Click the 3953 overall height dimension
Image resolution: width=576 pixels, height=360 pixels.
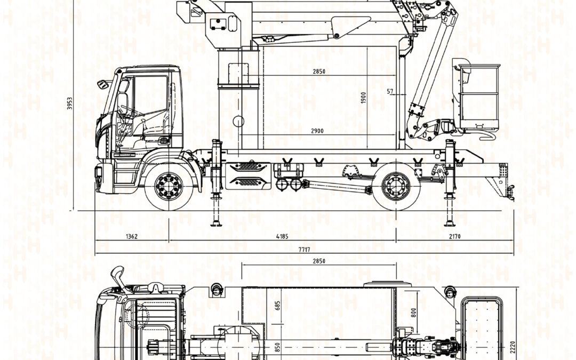pyautogui.click(x=69, y=103)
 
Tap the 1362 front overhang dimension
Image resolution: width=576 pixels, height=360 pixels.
pyautogui.click(x=132, y=236)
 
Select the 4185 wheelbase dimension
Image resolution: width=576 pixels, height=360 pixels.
pyautogui.click(x=282, y=236)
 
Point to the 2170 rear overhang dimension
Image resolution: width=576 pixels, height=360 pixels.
pyautogui.click(x=454, y=236)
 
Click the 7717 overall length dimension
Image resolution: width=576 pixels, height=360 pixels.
pyautogui.click(x=304, y=250)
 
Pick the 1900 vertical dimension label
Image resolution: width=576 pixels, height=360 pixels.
pyautogui.click(x=363, y=98)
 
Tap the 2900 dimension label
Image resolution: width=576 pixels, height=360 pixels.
pyautogui.click(x=317, y=131)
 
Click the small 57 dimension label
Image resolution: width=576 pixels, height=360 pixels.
pyautogui.click(x=390, y=92)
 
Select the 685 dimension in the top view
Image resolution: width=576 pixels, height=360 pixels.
pyautogui.click(x=277, y=306)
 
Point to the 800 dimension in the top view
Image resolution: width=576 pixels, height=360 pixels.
pyautogui.click(x=414, y=313)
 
